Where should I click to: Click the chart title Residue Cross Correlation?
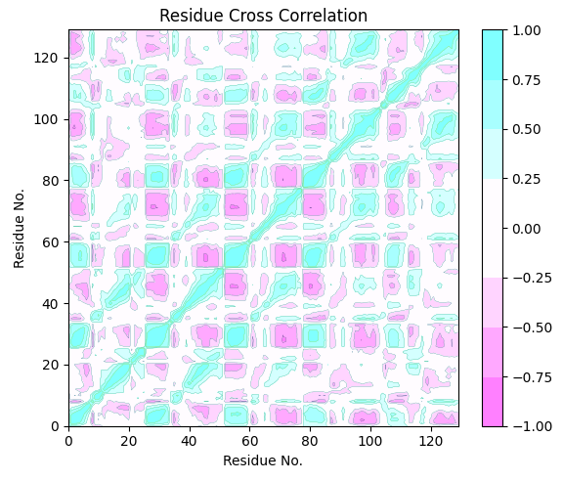263,16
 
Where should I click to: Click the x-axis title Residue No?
263,460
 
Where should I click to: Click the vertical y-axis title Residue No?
19,229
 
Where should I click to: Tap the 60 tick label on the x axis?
249,441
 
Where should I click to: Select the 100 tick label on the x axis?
370,441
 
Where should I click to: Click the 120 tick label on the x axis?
431,441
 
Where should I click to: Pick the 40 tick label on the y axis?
50,304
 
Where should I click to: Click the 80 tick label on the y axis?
50,181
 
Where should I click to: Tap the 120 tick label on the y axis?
46,58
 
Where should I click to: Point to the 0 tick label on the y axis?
55,426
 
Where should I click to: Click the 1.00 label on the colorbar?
527,30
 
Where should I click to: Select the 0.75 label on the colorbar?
527,80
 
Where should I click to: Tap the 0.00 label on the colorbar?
527,229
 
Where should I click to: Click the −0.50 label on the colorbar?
532,328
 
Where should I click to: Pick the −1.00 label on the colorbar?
532,426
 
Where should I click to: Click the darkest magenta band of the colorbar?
493,402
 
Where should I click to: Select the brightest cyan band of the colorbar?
493,55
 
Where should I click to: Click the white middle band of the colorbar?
493,228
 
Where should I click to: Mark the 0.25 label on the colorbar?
527,179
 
